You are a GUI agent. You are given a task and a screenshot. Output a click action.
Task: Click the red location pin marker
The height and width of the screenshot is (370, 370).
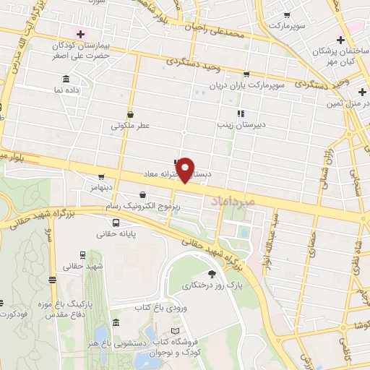pos(186,171)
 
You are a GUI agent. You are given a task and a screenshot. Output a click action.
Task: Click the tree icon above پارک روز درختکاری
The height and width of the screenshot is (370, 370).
pos(212,273)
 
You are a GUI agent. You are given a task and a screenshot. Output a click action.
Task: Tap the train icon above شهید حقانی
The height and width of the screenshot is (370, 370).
pos(81,254)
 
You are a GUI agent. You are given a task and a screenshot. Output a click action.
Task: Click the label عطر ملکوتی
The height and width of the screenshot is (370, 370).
pos(130,126)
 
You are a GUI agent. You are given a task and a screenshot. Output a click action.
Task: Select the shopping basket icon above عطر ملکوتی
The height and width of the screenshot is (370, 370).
pos(130,113)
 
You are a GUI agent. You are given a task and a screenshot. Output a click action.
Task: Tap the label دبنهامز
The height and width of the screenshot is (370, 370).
pos(103,186)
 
